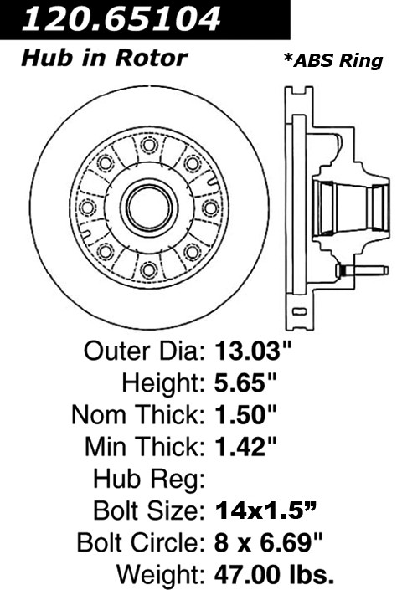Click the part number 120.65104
121,18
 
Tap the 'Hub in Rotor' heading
104,59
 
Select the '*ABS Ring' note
333,61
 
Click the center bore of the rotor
149,207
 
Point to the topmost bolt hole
149,145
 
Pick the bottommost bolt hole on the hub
149,269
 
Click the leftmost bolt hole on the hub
87,208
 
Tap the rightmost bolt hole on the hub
210,208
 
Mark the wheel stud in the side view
362,269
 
